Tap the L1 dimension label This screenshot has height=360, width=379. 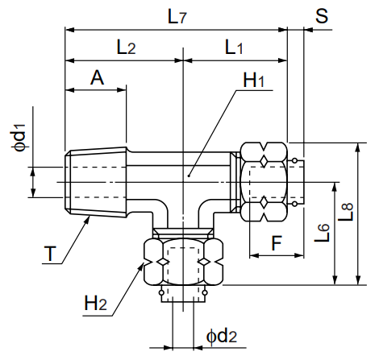[x=234, y=48]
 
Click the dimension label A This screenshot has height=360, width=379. [x=97, y=78]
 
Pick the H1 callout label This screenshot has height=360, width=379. [x=254, y=81]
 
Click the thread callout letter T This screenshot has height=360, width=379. [x=50, y=255]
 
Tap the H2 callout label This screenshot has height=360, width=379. [x=96, y=304]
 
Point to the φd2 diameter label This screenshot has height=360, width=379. [x=220, y=335]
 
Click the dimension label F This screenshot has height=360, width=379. [x=277, y=241]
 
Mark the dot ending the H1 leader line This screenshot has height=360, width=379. [x=189, y=174]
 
